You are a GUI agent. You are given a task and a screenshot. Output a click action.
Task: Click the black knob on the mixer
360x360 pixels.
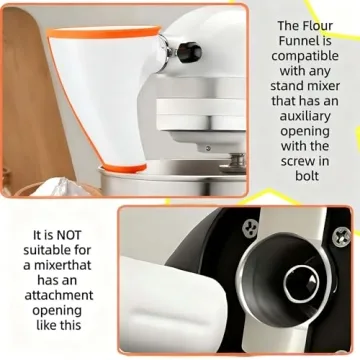click(x=189, y=52)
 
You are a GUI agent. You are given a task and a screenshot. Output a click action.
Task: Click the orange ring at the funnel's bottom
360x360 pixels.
click(x=124, y=168)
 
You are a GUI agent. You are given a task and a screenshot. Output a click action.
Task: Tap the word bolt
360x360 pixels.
click(x=307, y=176)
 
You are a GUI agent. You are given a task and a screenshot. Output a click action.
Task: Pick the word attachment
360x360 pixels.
click(x=59, y=295)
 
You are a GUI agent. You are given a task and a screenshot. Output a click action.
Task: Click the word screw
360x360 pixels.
click(x=295, y=161)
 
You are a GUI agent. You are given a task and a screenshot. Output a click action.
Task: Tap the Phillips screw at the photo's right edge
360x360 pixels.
click(x=341, y=236)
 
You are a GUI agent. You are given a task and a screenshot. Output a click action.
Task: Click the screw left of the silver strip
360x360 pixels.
click(x=250, y=228)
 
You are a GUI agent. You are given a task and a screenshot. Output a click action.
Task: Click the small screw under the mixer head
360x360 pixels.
click(x=208, y=148)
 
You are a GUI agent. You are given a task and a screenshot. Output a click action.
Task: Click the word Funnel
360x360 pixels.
click(x=305, y=41)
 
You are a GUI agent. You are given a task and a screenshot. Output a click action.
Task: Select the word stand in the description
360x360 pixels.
click(x=286, y=86)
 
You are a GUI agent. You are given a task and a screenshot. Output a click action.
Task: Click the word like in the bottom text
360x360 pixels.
click(x=46, y=325)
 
